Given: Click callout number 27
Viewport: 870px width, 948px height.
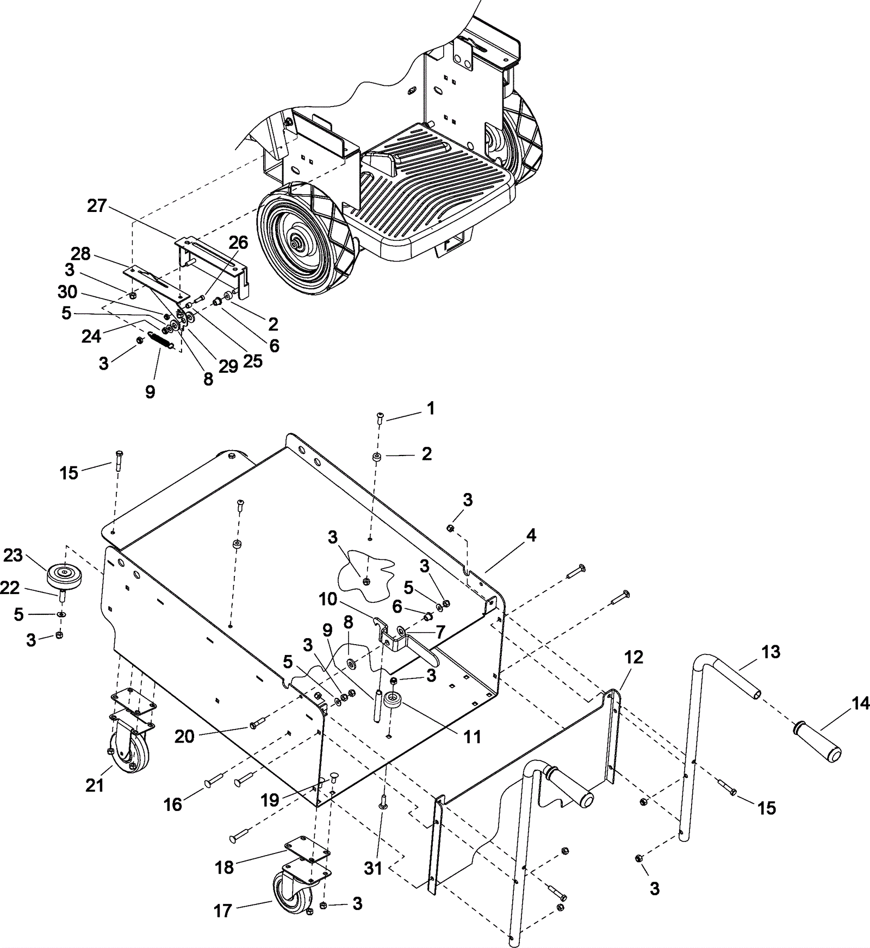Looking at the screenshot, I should click(x=97, y=207).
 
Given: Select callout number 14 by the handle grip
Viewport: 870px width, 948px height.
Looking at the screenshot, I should click(x=860, y=704).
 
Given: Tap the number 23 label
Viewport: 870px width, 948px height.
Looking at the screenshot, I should click(x=13, y=556).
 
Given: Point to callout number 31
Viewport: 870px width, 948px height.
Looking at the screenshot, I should click(x=373, y=868).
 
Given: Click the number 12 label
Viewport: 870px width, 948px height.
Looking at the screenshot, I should click(x=633, y=657).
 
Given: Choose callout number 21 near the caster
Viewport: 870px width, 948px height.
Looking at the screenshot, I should click(x=95, y=785).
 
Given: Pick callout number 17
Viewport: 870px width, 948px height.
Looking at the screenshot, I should click(x=223, y=910).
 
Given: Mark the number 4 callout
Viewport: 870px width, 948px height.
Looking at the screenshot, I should click(x=531, y=535).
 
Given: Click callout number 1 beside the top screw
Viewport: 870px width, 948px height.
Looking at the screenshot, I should click(x=431, y=409).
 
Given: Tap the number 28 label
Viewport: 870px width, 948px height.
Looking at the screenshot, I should click(x=80, y=254).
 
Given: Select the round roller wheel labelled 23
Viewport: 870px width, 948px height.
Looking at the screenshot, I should click(x=64, y=575).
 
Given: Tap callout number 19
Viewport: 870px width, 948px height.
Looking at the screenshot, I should click(x=270, y=800).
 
